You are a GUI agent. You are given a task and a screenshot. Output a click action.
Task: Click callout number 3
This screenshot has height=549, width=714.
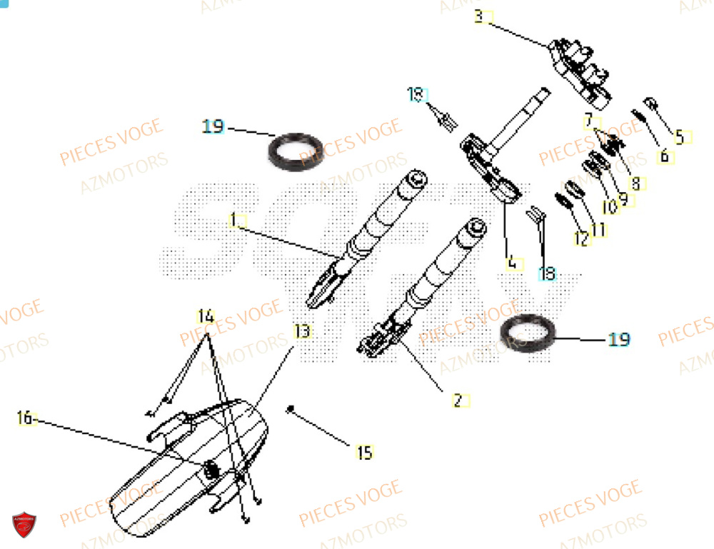[479, 16]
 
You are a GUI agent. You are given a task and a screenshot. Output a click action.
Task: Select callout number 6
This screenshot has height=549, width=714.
[664, 156]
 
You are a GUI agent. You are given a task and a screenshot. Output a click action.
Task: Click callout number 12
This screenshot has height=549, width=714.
[582, 241]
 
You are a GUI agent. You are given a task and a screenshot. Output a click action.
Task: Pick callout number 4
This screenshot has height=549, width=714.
[511, 263]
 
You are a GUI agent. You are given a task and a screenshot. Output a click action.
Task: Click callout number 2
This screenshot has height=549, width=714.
[458, 401]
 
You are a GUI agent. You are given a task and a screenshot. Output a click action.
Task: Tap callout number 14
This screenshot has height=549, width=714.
[206, 316]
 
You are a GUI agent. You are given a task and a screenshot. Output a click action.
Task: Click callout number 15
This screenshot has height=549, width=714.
[364, 452]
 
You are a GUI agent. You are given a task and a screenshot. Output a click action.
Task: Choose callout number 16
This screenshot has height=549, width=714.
[26, 418]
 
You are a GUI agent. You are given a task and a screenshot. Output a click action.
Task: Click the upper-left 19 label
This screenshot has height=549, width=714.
[213, 127]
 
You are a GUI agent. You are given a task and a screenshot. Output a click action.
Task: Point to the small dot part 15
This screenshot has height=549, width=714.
[291, 408]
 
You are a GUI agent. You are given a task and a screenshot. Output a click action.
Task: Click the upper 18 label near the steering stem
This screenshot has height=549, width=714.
[416, 94]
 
